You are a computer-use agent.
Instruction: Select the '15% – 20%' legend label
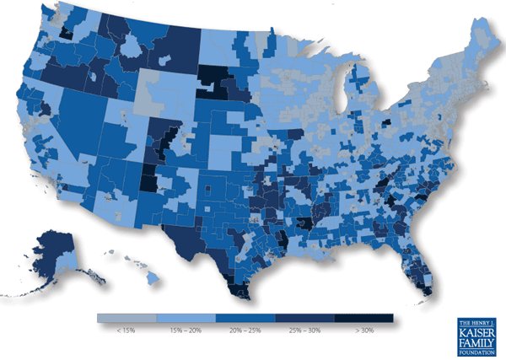point(186,331)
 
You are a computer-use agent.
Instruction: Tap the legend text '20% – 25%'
point(245,331)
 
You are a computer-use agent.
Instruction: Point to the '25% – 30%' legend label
point(304,331)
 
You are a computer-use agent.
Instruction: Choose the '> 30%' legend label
point(363,331)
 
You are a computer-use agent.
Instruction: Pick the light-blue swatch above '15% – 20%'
point(186,318)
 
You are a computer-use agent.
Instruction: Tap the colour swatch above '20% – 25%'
point(245,318)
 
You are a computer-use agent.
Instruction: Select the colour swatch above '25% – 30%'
point(304,318)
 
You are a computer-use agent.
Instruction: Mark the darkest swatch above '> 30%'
point(363,318)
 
